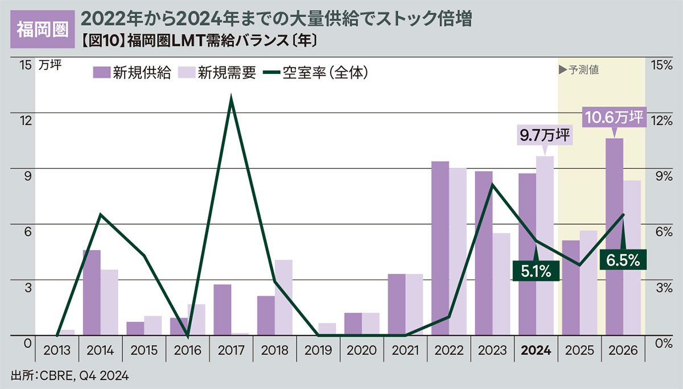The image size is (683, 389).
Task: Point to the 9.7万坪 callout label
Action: [545, 136]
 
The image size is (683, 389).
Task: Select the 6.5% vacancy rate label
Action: [623, 260]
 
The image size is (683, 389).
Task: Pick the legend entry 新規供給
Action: [131, 73]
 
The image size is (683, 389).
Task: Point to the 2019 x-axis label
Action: [318, 351]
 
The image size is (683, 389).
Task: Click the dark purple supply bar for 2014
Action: [92, 292]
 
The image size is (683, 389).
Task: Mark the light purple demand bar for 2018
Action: [283, 297]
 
